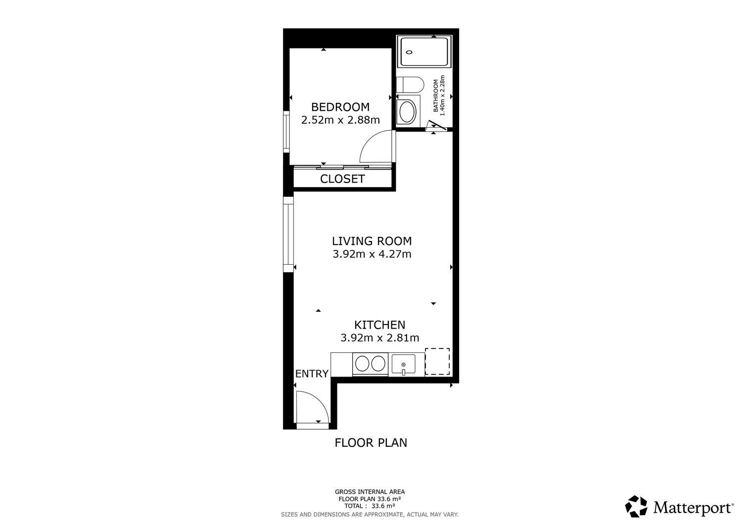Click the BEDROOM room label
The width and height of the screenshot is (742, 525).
pos(340,107)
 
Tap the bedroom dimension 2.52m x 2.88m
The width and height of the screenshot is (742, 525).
pos(340,120)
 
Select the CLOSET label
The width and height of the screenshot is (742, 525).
pos(342,179)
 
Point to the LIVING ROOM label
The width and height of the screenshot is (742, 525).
pos(371,241)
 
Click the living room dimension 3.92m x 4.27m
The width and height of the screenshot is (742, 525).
pos(371,254)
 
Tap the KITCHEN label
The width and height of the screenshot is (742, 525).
pos(379,325)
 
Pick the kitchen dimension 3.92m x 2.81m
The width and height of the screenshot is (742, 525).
pos(379,338)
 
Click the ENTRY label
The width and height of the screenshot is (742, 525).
pos(312,374)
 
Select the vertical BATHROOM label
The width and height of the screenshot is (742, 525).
pos(436,95)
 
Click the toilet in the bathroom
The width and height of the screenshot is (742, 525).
pos(410,85)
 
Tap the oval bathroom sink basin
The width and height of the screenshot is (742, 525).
pos(408,112)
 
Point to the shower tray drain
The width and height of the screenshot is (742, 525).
pos(410,52)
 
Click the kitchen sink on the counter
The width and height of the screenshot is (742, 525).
pos(403,364)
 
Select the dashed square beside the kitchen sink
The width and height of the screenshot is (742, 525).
pos(437,361)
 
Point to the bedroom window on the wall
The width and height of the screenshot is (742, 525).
pos(286,132)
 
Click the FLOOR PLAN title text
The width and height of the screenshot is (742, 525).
pos(371,443)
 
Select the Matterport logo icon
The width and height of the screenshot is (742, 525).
pos(636,506)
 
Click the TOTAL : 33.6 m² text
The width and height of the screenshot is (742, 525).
pos(370,506)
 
